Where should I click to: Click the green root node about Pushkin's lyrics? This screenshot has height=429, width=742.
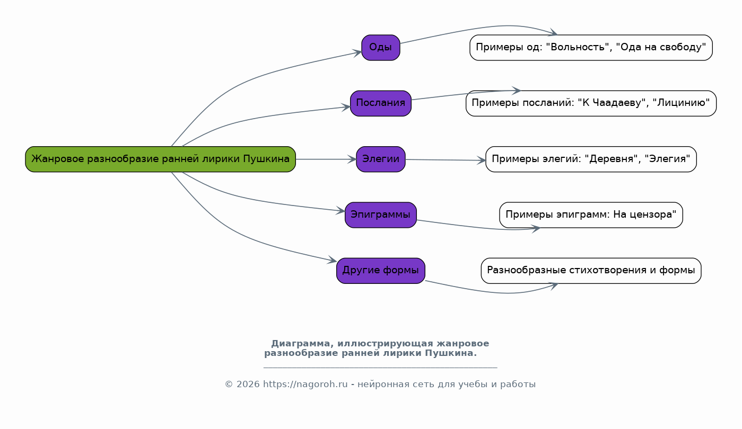(160, 159)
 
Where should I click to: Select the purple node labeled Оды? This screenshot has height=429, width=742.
(380, 48)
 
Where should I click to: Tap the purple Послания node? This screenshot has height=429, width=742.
(380, 103)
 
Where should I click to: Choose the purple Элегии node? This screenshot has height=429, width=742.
(380, 159)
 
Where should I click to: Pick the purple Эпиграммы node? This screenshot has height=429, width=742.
(380, 215)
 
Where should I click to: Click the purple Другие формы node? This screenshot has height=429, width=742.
(380, 271)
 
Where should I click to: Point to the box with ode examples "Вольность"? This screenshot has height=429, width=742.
(591, 48)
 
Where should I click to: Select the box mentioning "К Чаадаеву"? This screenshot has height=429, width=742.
(591, 103)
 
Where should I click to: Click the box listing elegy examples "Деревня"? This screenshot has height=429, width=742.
(591, 159)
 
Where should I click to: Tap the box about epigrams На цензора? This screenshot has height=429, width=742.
(591, 215)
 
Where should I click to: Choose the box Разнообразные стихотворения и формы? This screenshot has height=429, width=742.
(591, 271)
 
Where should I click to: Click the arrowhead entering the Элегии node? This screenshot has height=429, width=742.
(352, 159)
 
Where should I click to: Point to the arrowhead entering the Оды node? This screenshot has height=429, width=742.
(357, 52)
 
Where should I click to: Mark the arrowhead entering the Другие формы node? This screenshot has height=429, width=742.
(333, 260)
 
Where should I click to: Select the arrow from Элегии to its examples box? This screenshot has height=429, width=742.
(446, 160)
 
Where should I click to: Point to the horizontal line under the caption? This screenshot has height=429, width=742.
(380, 367)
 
